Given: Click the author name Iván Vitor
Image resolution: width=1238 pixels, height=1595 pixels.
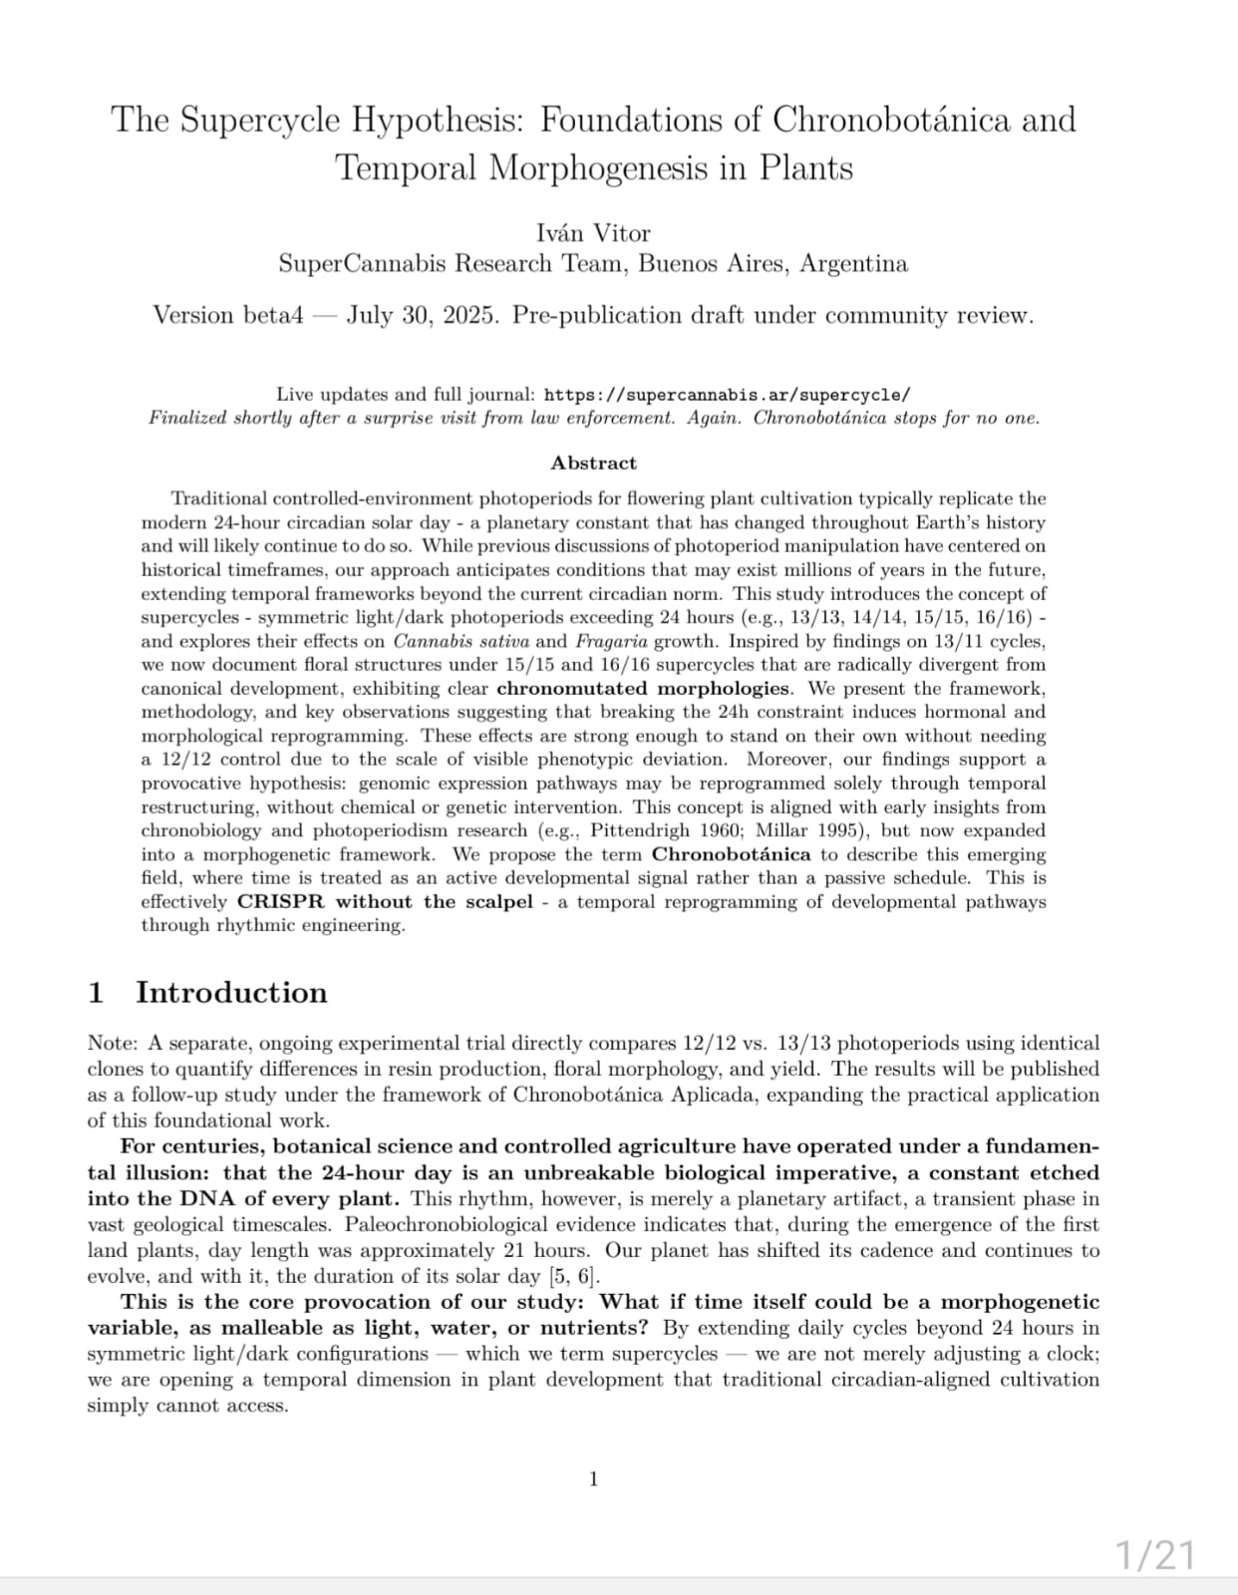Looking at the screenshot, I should click(x=593, y=233).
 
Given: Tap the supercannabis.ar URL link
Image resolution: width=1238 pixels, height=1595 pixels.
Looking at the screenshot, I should click(x=727, y=395).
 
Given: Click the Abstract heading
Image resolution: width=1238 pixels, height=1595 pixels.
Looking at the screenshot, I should click(x=593, y=463).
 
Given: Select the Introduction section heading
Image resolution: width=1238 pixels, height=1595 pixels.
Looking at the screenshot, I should click(x=231, y=992).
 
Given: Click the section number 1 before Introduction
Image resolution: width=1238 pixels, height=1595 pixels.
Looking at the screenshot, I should click(x=97, y=992).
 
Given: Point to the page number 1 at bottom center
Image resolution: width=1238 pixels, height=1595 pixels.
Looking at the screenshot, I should click(x=594, y=1479).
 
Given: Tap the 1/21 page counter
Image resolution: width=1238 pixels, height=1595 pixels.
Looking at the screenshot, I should click(x=1153, y=1555).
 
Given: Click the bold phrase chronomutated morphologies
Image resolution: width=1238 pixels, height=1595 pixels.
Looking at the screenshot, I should click(x=643, y=688).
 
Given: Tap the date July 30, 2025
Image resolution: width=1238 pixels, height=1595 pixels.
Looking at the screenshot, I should click(x=424, y=315).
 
